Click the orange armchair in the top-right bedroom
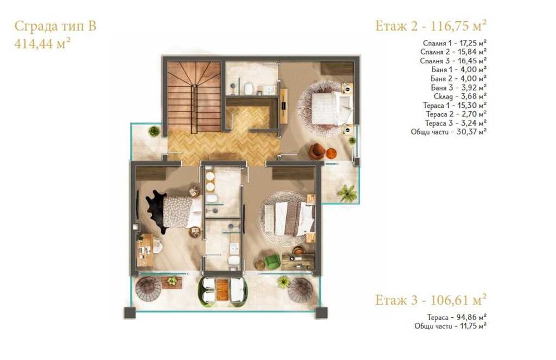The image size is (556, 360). tap(317, 151)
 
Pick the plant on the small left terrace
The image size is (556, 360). tap(154, 131)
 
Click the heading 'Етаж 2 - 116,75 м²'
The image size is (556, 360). tap(431, 25)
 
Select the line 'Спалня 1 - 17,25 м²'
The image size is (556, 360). tap(455, 43)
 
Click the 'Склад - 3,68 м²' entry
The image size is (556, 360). tap(459, 96)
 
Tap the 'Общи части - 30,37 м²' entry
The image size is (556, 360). tap(451, 132)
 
